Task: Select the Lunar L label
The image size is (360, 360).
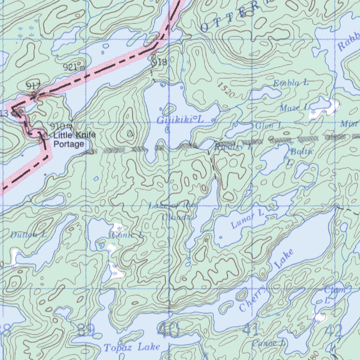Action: tap(247, 219)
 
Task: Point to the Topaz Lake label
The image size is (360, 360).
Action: tap(132, 347)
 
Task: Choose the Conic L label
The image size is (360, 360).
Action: tap(127, 235)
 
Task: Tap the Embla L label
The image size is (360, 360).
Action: tap(291, 83)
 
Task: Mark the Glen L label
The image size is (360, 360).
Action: tap(269, 126)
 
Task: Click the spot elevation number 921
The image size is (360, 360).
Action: tap(70, 67)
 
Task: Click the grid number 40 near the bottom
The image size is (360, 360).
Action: tap(168, 330)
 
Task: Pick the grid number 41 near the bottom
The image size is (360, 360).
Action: tap(251, 330)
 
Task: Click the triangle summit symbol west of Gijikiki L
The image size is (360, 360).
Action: tap(130, 133)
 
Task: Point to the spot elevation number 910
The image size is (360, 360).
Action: tap(57, 126)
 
